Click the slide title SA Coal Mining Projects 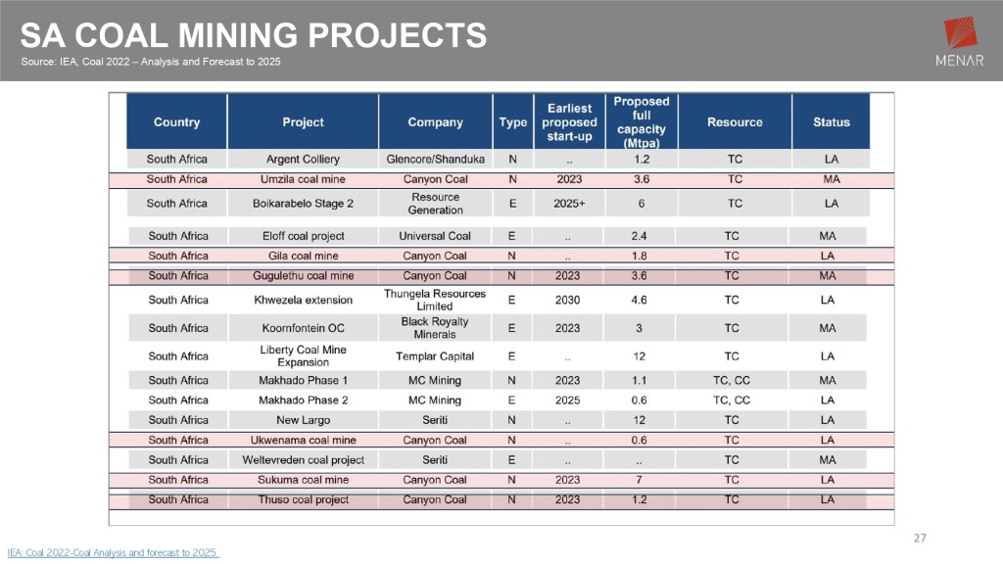254,37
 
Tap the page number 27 919,538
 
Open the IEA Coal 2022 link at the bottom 112,553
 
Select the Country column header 176,122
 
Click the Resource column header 735,122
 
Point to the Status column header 831,122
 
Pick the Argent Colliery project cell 303,159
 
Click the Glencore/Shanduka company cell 435,159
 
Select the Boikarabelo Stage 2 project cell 303,204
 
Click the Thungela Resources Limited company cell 435,300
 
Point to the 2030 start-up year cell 567,301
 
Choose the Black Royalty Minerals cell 435,328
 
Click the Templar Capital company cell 435,356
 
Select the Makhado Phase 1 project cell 303,380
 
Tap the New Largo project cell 303,420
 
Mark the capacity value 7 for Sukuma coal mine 641,480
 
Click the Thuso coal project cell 303,500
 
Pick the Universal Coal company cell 435,236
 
